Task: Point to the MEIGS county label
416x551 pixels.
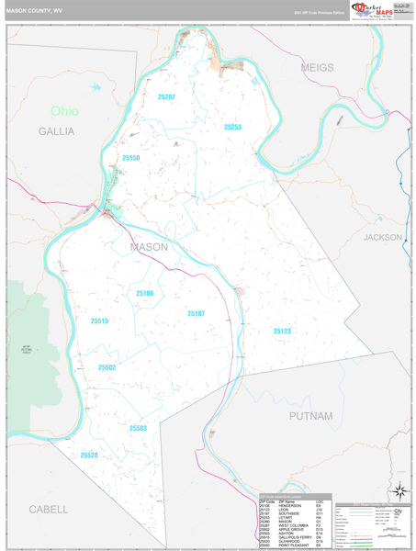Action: tap(316, 68)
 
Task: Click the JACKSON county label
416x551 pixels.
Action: tap(382, 237)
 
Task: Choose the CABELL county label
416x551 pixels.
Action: tap(48, 509)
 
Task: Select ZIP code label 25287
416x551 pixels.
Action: tap(166, 96)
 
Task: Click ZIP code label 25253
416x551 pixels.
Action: tap(231, 128)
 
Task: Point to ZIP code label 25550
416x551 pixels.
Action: tap(131, 158)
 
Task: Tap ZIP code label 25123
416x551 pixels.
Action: tap(282, 331)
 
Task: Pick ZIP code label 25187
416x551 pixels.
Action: tap(196, 314)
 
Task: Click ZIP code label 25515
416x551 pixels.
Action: tap(99, 320)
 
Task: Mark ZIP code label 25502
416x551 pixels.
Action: tap(107, 367)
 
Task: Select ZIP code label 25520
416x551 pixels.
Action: tap(89, 455)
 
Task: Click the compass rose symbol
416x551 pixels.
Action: tap(400, 489)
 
